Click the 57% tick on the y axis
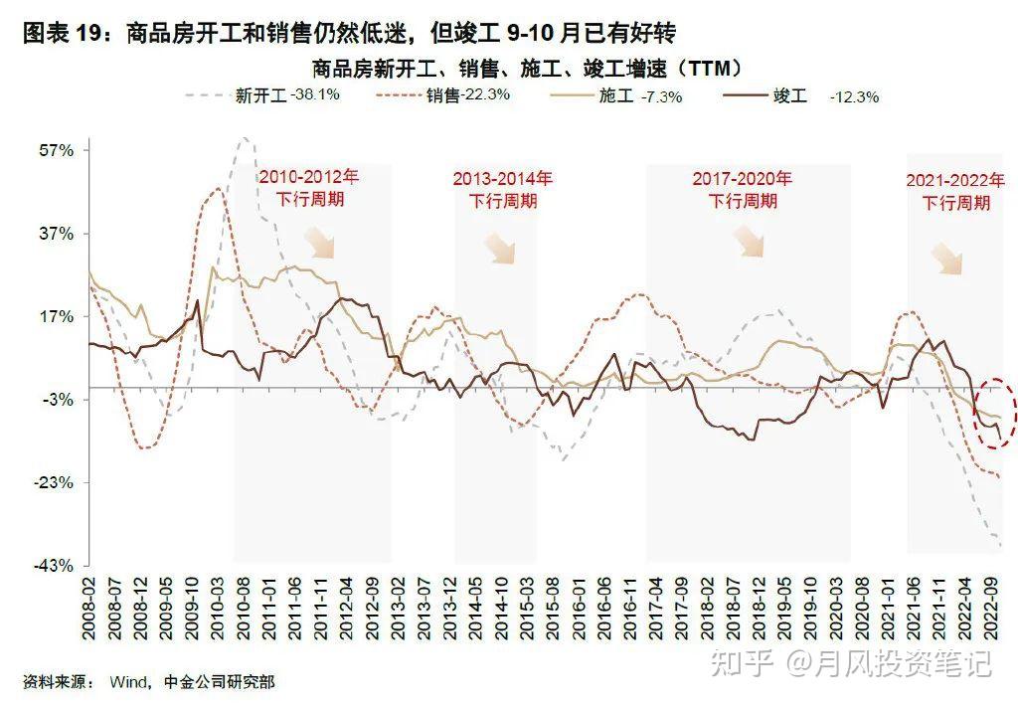pos(56,151)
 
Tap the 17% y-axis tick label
pos(56,316)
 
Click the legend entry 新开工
pos(260,95)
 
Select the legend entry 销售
pos(442,95)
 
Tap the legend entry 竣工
pos(789,95)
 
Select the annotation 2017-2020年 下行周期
pos(742,189)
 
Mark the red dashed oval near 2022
pos(994,412)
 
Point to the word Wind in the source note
pos(128,682)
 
